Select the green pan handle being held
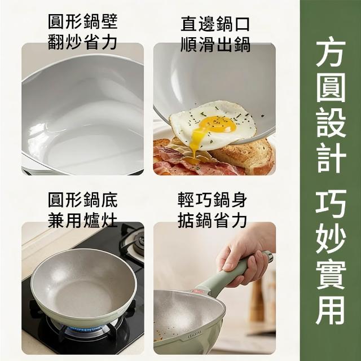[232, 274]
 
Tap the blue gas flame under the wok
[87, 329]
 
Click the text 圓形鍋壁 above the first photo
[83, 21]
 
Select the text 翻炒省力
[83, 42]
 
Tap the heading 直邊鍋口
[215, 24]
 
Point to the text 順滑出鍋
[215, 44]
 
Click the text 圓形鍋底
[83, 200]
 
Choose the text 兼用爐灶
[83, 221]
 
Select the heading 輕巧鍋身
[212, 200]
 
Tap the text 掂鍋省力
[212, 221]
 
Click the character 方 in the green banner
[331, 51]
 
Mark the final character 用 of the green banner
[331, 310]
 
